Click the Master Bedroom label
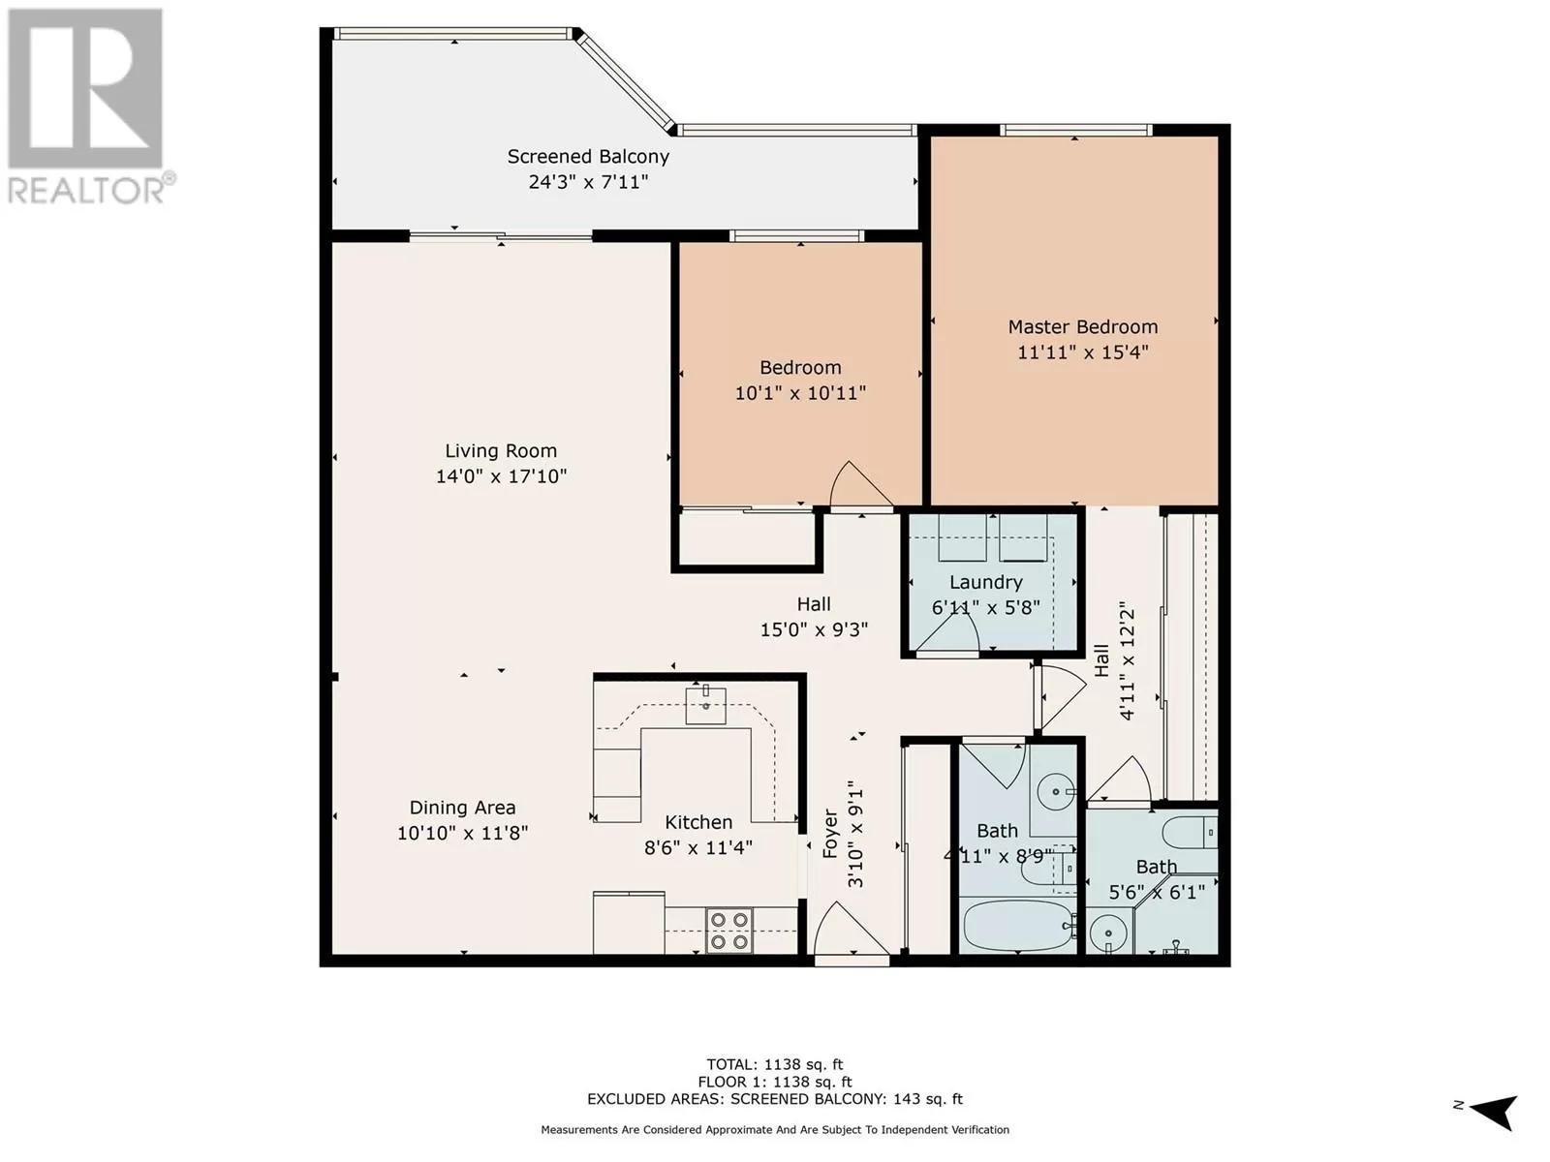pos(1082,327)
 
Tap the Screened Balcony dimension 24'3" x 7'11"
pos(588,182)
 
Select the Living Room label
pos(501,451)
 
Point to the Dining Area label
pos(462,808)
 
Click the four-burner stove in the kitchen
pos(729,931)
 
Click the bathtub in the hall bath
pos(1018,926)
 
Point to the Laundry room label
pos(986,582)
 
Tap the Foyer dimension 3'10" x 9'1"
pos(855,834)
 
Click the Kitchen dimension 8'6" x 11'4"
pos(698,847)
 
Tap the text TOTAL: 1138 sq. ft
pos(775,1064)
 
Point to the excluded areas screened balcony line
pos(775,1098)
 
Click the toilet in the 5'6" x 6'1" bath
pos(1190,833)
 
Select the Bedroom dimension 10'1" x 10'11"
pos(800,393)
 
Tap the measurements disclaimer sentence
pos(775,1129)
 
